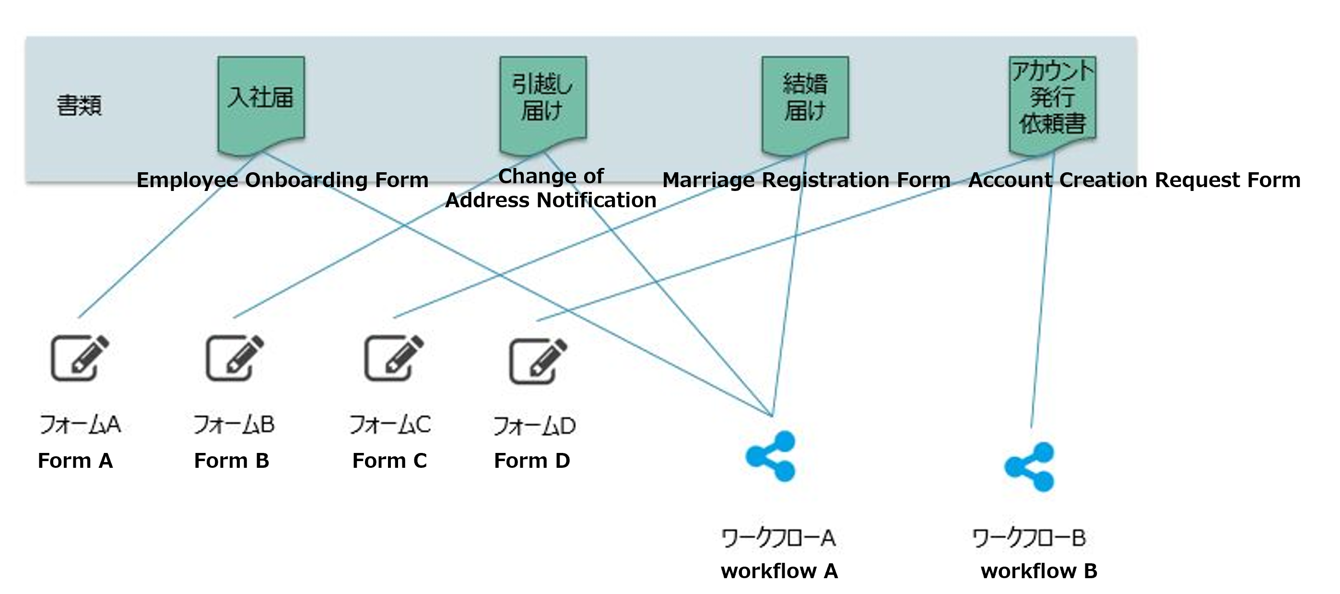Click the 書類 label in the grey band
pyautogui.click(x=79, y=105)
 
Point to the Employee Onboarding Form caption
pyautogui.click(x=282, y=180)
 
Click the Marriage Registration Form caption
pyautogui.click(x=806, y=180)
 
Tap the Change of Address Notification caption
pyautogui.click(x=551, y=188)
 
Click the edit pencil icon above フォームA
pyautogui.click(x=80, y=357)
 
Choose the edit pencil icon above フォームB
pyautogui.click(x=235, y=357)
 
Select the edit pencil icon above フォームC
pyautogui.click(x=394, y=357)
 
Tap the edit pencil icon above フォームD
pyautogui.click(x=538, y=361)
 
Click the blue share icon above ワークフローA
pyautogui.click(x=770, y=456)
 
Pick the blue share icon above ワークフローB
pyautogui.click(x=1029, y=467)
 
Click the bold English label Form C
pyautogui.click(x=389, y=461)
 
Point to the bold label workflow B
pyautogui.click(x=1039, y=571)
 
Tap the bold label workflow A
pyautogui.click(x=779, y=571)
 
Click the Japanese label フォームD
pyautogui.click(x=534, y=426)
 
